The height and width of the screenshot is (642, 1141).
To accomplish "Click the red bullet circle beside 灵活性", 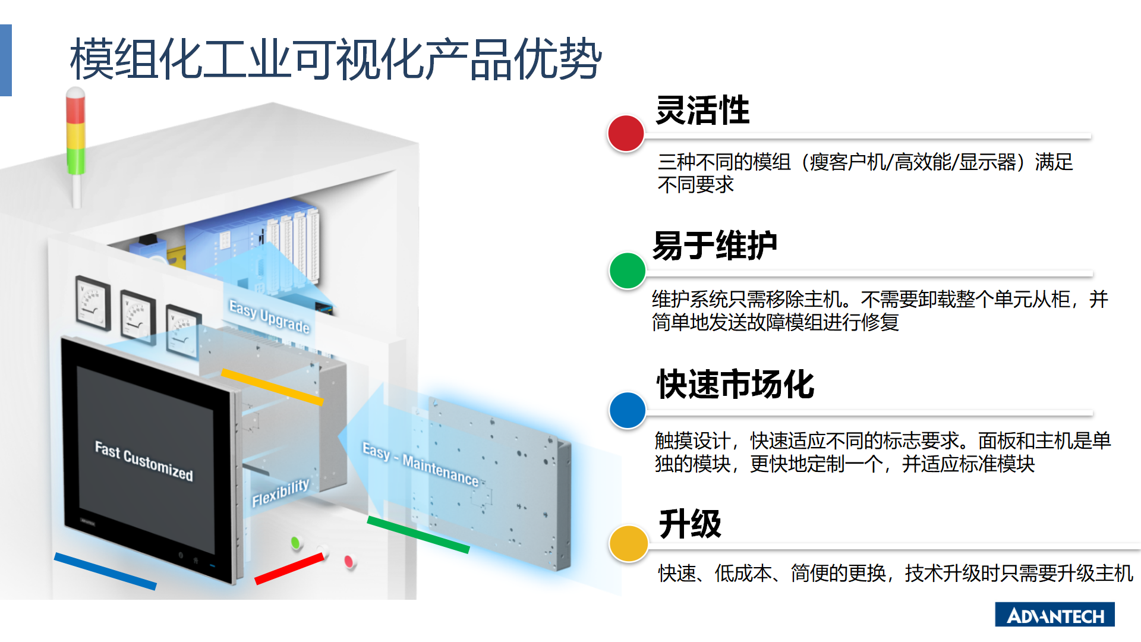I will pos(626,133).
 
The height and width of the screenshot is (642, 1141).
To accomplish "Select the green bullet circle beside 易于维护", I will pos(628,271).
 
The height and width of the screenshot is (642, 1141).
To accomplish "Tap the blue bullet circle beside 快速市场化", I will pos(628,410).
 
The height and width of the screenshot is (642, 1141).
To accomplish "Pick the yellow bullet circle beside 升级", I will pos(628,543).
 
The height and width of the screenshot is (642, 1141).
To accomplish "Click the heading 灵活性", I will pos(702,111).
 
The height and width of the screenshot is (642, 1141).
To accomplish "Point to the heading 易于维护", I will pos(715,246).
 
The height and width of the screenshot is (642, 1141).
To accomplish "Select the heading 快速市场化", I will pos(735,384).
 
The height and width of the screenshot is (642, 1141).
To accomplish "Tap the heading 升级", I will pos(690,524).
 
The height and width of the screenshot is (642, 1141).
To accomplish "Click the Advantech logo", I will pos(1055,615).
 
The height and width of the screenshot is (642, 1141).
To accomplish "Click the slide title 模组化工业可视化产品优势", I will pos(336,59).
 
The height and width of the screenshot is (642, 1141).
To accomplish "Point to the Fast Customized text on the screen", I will pos(144,461).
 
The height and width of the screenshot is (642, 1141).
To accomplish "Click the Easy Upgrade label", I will pos(269,317).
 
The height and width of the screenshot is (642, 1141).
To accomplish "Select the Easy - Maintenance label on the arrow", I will pos(421,464).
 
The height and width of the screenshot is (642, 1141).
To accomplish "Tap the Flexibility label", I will pos(280,493).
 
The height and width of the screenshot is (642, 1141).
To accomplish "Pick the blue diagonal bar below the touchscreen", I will pos(105,571).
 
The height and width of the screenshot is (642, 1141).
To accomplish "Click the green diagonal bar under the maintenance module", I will pos(418,534).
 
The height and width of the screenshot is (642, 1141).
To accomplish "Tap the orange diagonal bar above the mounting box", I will pos(272,387).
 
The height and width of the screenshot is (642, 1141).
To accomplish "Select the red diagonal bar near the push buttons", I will pos(289,568).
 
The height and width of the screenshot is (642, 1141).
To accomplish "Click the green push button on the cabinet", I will pos(295,542).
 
